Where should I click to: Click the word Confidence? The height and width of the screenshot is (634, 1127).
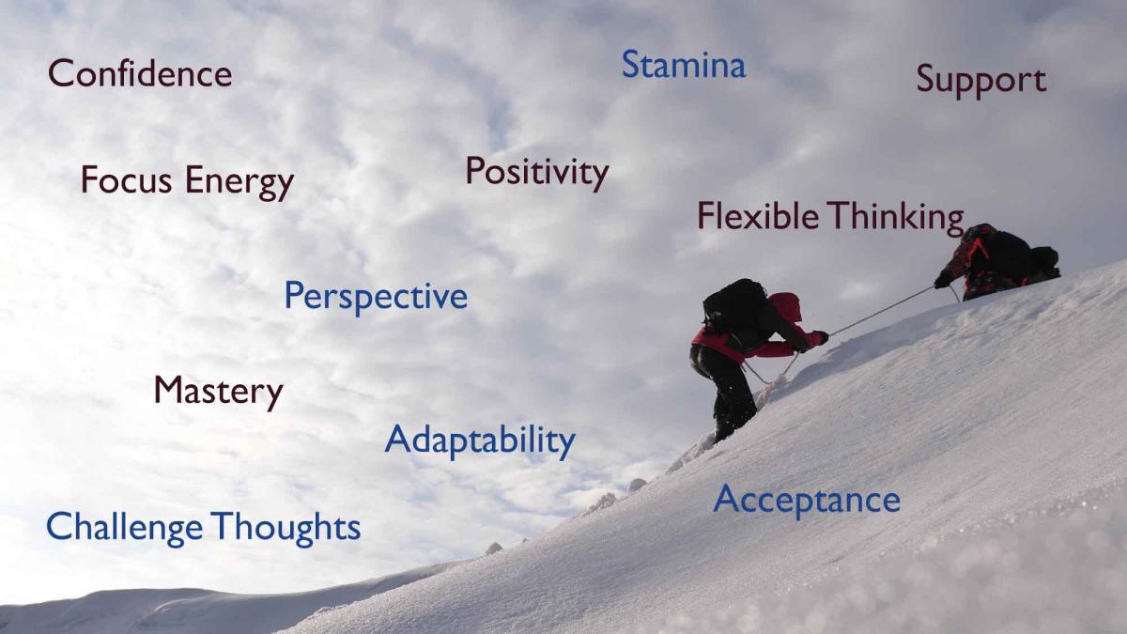coord(140,73)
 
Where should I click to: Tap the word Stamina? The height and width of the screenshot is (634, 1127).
coord(683,65)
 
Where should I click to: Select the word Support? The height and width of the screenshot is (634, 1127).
coord(980,81)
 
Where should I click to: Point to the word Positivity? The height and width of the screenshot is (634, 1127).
coord(536,172)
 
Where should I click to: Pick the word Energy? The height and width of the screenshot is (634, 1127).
coord(239,181)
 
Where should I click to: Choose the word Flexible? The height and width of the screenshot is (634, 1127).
coord(758,216)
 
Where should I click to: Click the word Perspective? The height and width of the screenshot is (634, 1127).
coord(376,297)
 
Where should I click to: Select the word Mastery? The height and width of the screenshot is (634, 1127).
coord(218,391)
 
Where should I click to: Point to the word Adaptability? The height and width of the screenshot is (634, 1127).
coord(480,440)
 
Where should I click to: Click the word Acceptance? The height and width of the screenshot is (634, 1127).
coord(806,500)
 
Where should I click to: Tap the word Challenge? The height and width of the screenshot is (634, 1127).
coord(124,528)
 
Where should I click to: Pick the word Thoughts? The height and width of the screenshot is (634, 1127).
coord(286,527)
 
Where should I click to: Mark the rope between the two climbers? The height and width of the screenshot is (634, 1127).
coord(883,309)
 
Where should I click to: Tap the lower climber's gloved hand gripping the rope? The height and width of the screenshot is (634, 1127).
coord(819,337)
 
